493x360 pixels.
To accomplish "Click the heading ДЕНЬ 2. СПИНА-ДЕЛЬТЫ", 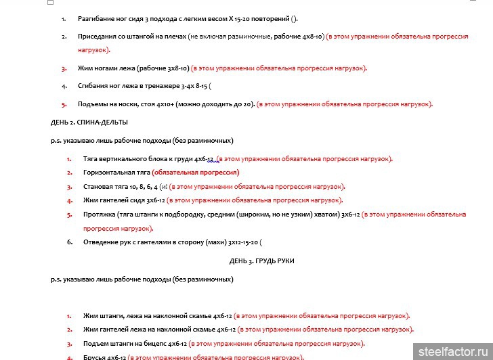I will [85, 122].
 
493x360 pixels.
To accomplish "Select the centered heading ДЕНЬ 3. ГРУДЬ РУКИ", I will [261, 261].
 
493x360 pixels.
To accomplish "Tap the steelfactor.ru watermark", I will [452, 352].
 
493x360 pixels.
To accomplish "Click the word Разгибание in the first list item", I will [100, 19].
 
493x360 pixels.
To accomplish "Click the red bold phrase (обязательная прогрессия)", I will [196, 173].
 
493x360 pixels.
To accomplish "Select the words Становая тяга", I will [106, 187].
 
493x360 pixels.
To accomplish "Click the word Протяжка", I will [98, 215].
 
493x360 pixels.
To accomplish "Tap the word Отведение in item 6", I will [100, 242].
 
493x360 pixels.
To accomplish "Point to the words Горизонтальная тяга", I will [116, 173].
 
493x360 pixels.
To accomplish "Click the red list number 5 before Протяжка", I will [70, 215].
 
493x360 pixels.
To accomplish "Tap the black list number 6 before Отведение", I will [70, 242].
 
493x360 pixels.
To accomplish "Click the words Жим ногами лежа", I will [107, 68].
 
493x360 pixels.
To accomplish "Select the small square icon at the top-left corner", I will [51, 3].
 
